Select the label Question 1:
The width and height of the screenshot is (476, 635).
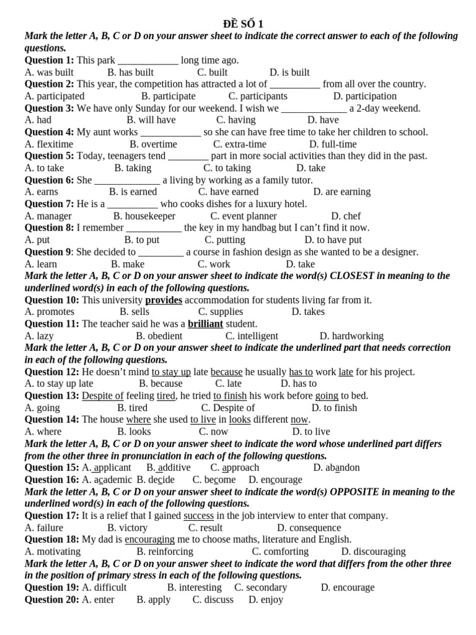point(49,60)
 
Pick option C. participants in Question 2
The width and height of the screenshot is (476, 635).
point(258,96)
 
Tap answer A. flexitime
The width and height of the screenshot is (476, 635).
point(49,144)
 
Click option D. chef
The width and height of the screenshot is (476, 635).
point(346,216)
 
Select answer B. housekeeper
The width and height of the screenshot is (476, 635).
point(144,216)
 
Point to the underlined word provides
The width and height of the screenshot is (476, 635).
point(164,300)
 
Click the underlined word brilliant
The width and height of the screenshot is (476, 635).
point(205,324)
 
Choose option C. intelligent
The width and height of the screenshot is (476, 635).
point(252,336)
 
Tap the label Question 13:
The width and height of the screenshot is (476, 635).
point(52,396)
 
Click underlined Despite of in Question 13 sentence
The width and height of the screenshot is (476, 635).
point(103,396)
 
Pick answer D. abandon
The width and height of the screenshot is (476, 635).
point(337,468)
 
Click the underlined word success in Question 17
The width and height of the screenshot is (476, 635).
point(198,516)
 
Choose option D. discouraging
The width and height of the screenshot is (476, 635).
point(373,551)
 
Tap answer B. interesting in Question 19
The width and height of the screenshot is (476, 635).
point(194,587)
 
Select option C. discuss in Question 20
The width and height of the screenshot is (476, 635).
point(213,600)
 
